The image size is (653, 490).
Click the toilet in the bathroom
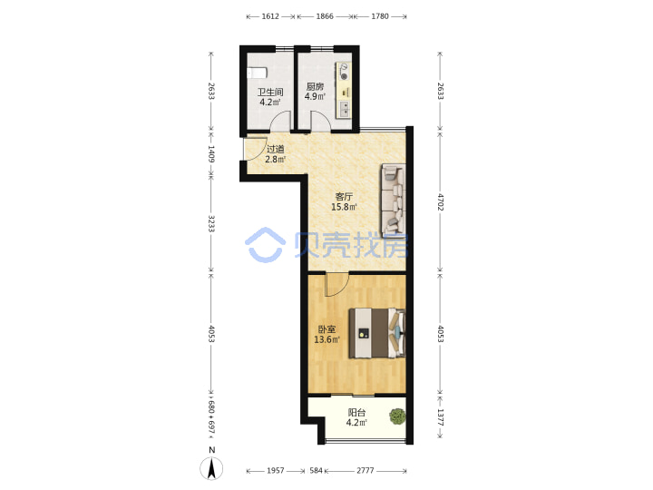point(256,73)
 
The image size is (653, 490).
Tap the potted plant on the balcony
point(397,416)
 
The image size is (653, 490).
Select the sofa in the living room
point(394,200)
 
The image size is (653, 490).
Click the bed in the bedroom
point(377,333)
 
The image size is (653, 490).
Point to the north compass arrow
point(211,468)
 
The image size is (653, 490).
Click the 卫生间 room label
point(270,92)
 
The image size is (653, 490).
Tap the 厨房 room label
point(315,86)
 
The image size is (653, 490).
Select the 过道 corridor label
point(275,149)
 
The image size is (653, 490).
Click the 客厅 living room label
point(344,196)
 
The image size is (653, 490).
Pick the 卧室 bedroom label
point(326,329)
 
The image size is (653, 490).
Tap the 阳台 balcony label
point(356,413)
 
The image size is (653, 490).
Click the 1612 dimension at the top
point(270,16)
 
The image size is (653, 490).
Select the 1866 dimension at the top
point(325,16)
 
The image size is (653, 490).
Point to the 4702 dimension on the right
point(440,201)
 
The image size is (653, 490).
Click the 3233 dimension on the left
point(211,224)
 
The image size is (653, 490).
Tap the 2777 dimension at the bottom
point(365,470)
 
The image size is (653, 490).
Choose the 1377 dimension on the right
point(440,417)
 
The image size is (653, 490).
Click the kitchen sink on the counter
point(345,109)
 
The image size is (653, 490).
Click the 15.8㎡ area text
point(344,207)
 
